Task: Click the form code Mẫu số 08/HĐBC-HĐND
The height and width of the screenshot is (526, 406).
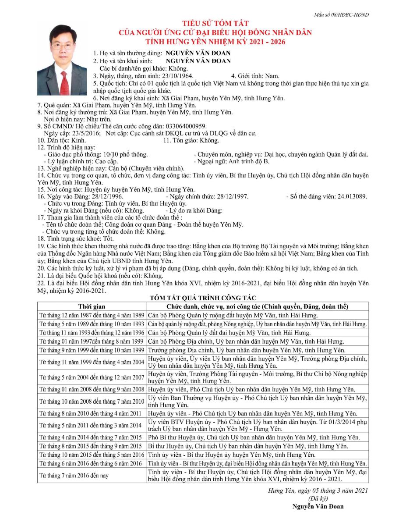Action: (x=341, y=14)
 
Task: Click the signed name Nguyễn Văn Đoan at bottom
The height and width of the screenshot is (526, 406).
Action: (x=318, y=506)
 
